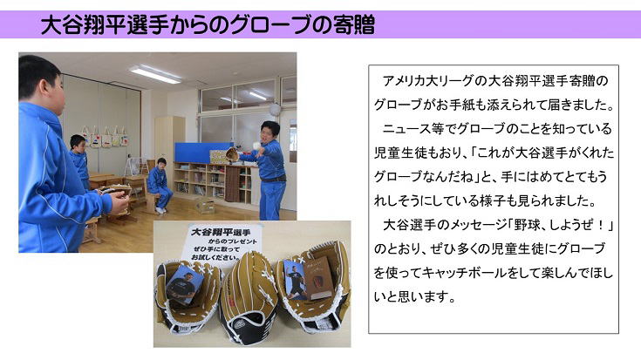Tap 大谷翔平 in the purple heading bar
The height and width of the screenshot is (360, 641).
83,25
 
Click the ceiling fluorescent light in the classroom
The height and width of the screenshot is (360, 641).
156,74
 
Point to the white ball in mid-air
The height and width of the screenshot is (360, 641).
256,145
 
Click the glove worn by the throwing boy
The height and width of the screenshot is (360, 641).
232,154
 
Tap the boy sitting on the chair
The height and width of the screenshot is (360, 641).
160,185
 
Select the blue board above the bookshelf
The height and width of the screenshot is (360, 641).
203,152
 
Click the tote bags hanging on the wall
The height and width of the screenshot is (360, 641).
105,137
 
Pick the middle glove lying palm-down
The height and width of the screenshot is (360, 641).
248,300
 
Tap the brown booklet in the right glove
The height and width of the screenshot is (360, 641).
319,278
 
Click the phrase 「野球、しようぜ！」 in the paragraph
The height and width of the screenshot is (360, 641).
562,225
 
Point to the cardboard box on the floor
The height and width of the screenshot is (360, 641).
205,206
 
